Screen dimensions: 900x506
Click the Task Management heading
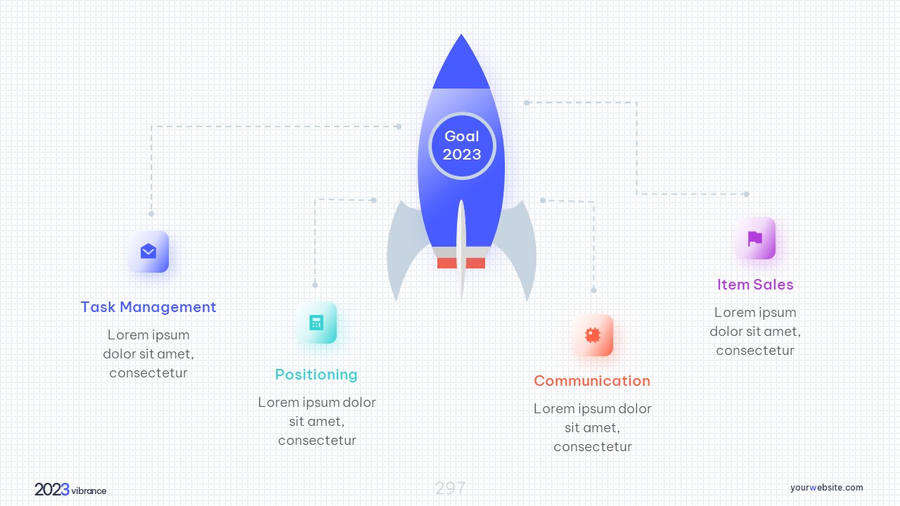coord(148,307)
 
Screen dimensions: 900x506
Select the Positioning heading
coord(316,375)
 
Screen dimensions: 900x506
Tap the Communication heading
coord(592,381)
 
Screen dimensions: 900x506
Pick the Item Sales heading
coord(755,285)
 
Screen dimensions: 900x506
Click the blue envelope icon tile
coord(148,252)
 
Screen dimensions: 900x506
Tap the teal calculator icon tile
coord(316,323)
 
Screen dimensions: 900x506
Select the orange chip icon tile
coord(593,335)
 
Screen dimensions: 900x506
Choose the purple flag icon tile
coord(755,238)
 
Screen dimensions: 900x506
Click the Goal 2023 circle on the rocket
coord(462,145)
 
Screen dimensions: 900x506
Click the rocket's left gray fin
coord(404,249)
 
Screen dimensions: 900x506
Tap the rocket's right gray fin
coord(519,249)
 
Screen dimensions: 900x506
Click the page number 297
coord(450,488)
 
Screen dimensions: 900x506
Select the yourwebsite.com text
coord(826,488)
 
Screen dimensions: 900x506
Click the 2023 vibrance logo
coord(70,490)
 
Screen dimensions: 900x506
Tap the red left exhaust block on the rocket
coord(446,263)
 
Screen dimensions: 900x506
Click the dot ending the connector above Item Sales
coord(747,194)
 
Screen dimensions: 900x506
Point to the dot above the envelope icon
coord(151,214)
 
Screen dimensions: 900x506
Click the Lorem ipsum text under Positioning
coord(317,421)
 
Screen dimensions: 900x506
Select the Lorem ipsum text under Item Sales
coord(755,331)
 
